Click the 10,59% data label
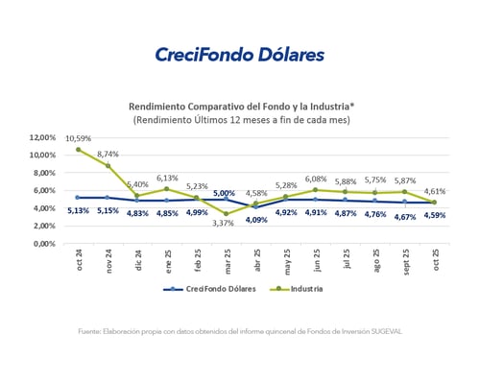[79, 138]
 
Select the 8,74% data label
[108, 154]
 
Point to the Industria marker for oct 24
[79, 150]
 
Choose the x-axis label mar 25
[225, 263]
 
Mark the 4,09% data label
[256, 219]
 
